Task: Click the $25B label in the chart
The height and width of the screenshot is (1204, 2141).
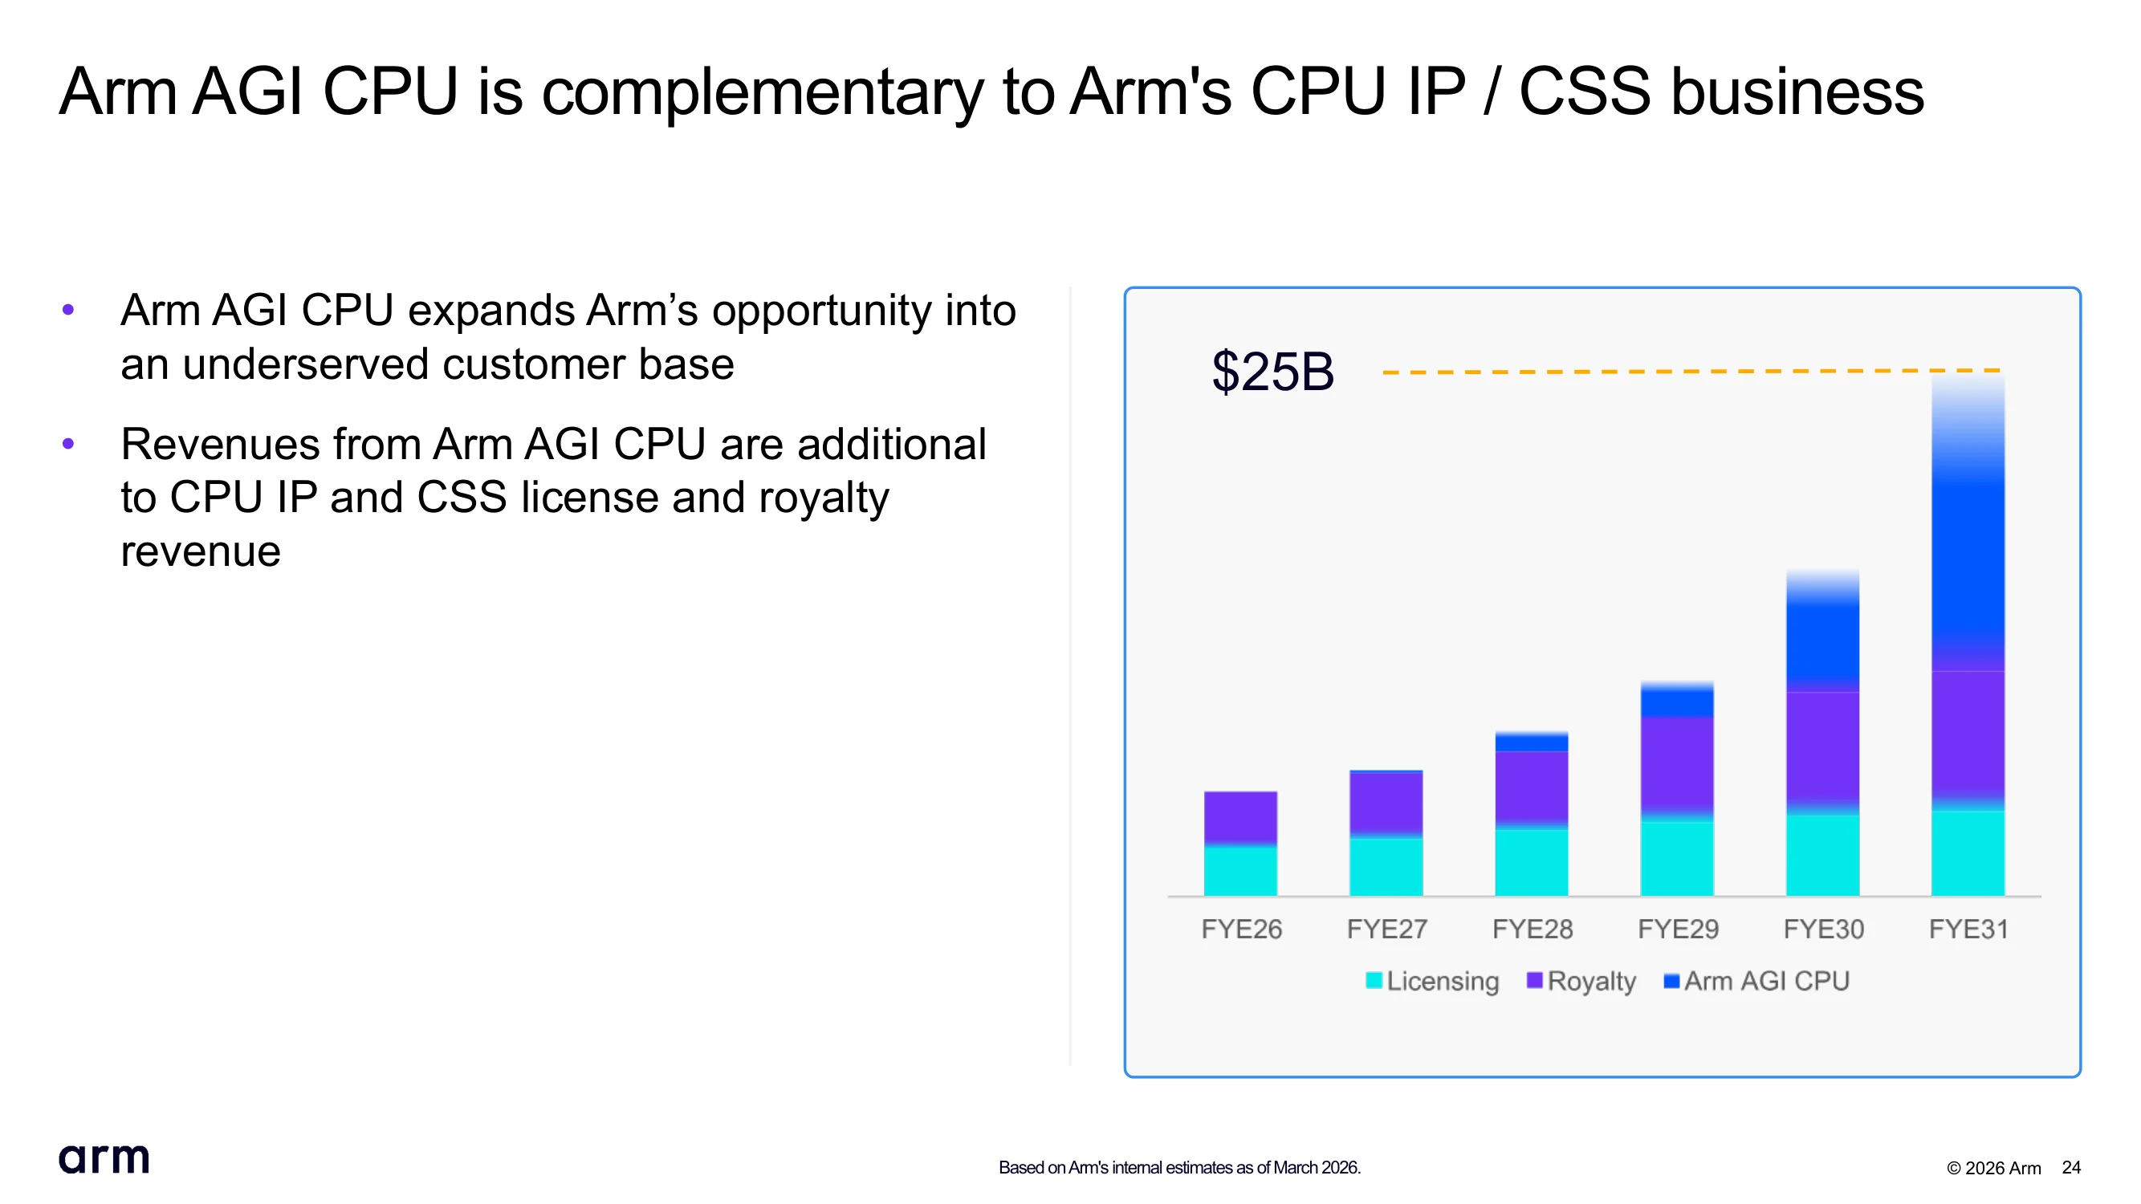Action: pos(1272,372)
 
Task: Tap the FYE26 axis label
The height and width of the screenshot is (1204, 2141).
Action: pos(1241,929)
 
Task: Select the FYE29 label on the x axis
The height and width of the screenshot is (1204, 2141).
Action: pos(1677,929)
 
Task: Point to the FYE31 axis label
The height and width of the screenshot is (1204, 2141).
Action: pos(1968,929)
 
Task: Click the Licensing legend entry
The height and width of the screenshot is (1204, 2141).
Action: pos(1432,982)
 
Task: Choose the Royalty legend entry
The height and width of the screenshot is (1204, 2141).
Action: pos(1581,982)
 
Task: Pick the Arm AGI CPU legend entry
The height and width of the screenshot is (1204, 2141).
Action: pos(1756,982)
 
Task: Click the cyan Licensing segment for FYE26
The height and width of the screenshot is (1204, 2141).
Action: pos(1240,870)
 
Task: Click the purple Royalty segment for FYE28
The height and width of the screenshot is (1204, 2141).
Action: pos(1531,788)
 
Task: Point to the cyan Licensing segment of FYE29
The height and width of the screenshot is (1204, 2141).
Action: pos(1676,857)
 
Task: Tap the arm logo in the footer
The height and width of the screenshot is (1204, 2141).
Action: pos(104,1158)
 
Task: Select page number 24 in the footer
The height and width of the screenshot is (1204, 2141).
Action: pos(2071,1167)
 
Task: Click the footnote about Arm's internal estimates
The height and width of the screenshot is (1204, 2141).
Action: pos(1179,1167)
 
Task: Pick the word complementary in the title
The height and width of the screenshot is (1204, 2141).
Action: pos(763,93)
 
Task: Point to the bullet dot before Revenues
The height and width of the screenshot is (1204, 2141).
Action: pos(68,444)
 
